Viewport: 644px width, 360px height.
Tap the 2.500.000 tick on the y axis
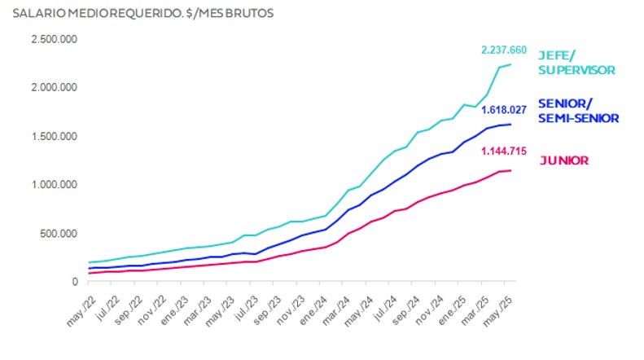tap(55, 39)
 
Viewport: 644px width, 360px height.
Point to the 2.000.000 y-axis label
tap(55, 87)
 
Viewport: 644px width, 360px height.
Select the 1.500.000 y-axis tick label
tap(55, 136)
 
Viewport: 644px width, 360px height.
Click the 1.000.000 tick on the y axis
tap(55, 185)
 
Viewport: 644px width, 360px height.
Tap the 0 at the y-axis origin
tap(75, 282)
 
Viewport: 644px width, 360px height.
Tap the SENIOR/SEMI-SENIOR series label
tap(579, 112)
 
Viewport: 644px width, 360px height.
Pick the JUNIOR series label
tap(564, 160)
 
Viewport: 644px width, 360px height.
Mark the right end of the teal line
tap(510, 64)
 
